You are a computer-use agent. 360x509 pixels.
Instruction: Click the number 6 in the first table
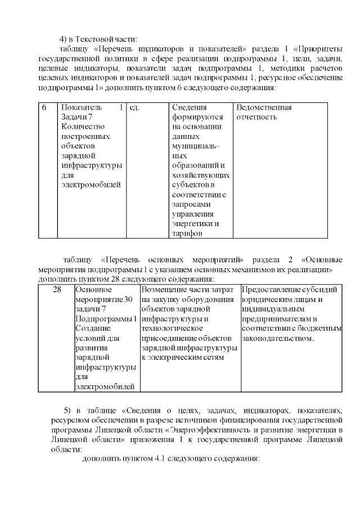(x=44, y=107)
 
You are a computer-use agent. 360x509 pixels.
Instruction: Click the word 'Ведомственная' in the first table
(x=264, y=107)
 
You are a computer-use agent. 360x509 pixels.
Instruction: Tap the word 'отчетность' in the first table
(x=257, y=118)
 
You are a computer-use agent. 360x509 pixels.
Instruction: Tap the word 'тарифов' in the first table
(x=187, y=234)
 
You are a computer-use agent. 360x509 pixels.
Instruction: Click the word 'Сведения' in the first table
(x=190, y=107)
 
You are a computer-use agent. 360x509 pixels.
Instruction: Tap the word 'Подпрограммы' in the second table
(x=105, y=319)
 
